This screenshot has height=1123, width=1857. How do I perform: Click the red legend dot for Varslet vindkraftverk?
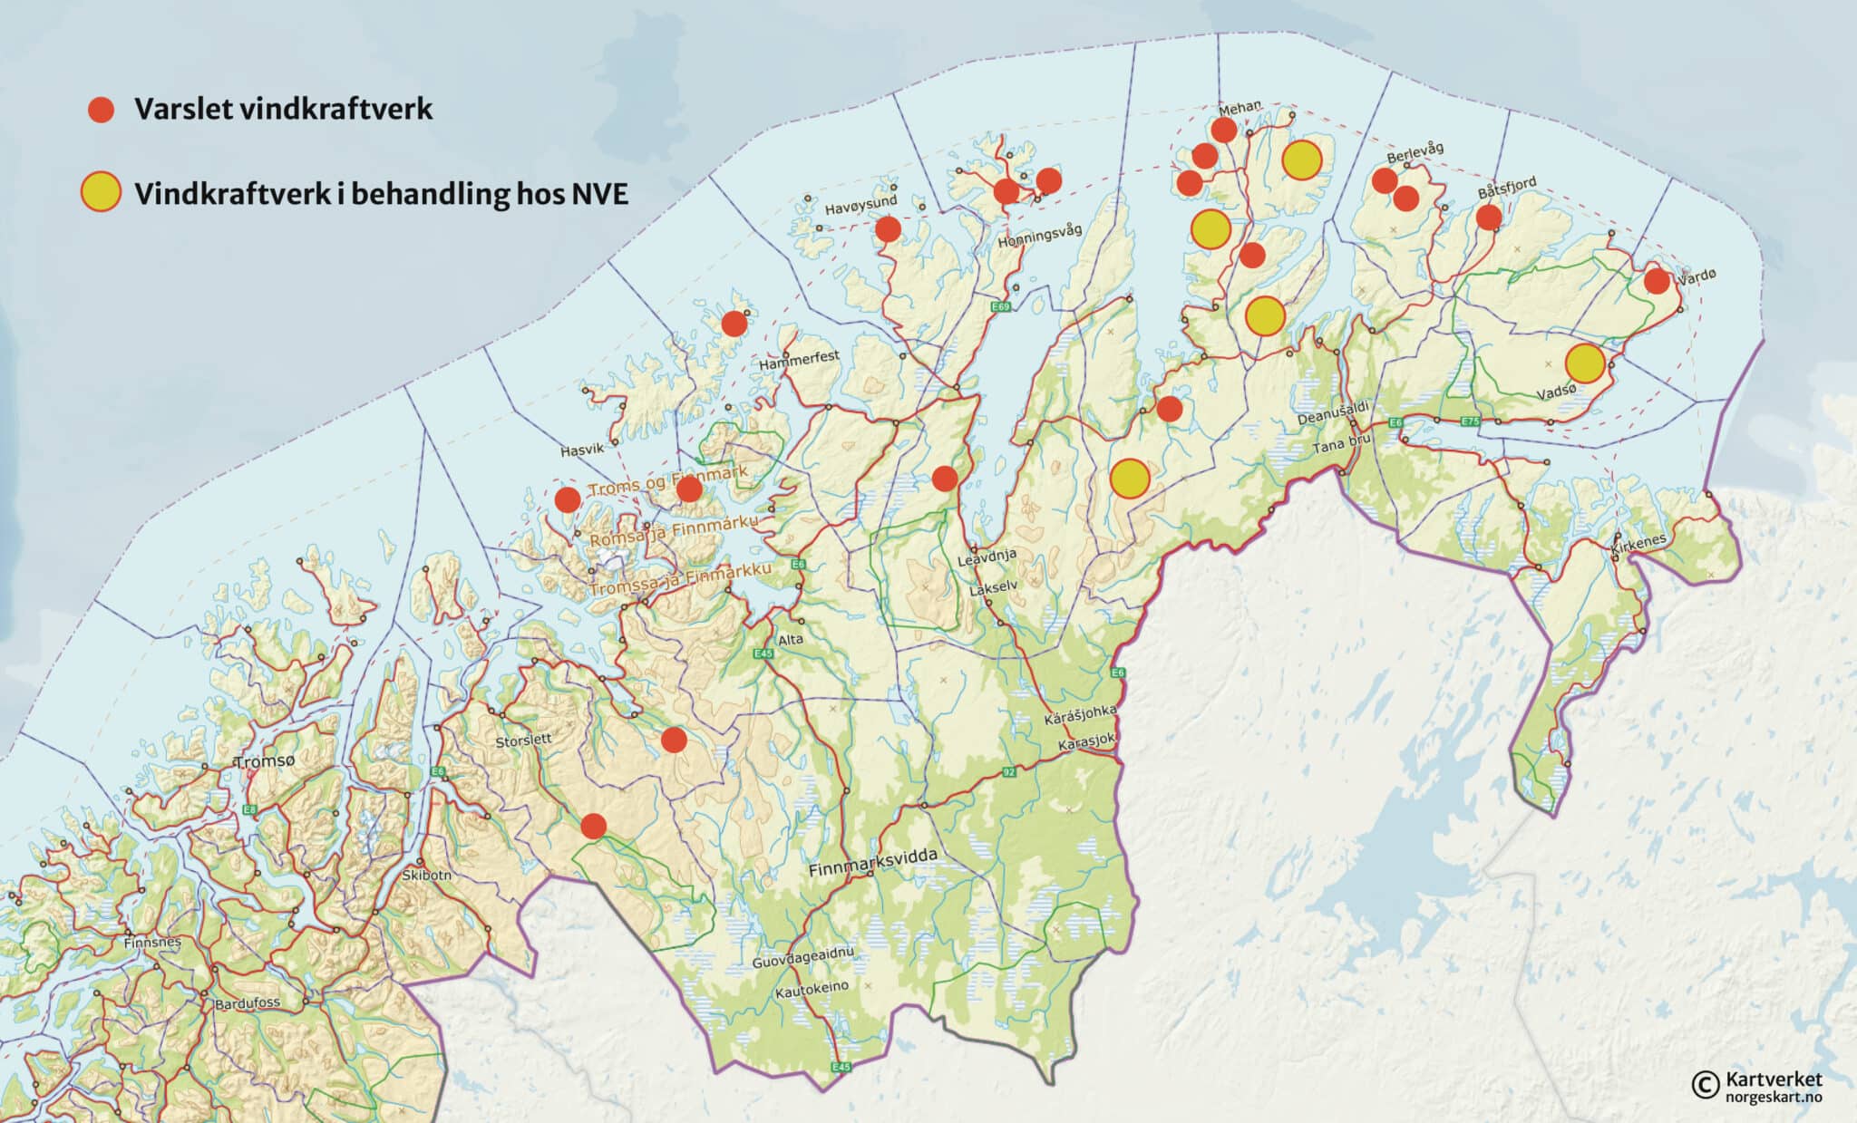pos(101,110)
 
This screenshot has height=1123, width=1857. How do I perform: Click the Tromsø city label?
pos(264,761)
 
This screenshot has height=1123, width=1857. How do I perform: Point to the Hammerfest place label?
pos(799,360)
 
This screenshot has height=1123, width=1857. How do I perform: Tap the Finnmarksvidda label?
pos(872,862)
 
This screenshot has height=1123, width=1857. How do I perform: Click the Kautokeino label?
pos(812,989)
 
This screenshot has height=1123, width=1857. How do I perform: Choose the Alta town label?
pos(791,639)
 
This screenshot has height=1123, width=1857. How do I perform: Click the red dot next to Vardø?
pos(1657,281)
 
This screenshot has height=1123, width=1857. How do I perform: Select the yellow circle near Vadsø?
pos(1584,363)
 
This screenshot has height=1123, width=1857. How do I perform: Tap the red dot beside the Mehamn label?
pos(1224,130)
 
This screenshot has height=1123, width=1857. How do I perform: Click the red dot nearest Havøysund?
pos(888,229)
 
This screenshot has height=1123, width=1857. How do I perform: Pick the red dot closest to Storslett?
pos(673,740)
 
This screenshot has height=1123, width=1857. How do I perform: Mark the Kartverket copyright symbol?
pos(1705,1083)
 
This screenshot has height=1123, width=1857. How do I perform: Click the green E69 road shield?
pos(999,307)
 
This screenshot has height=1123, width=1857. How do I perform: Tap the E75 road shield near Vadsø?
pos(1470,421)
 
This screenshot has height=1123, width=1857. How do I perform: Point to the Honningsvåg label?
pos(1039,237)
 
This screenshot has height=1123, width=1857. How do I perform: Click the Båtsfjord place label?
pos(1507,187)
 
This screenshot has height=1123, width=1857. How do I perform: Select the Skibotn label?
pos(426,876)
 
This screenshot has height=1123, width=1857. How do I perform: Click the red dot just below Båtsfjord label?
pos(1488,217)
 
